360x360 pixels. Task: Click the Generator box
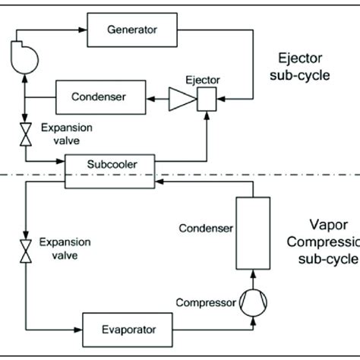pos(131,30)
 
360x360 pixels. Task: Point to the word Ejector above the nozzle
pos(201,78)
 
